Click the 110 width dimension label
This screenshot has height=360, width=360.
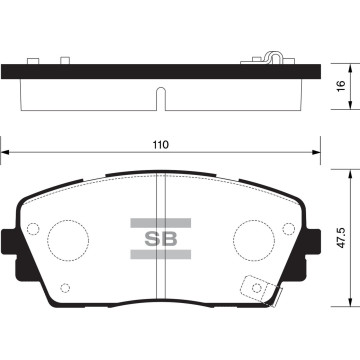161,145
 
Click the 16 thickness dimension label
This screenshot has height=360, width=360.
341,86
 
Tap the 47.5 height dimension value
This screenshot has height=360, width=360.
341,238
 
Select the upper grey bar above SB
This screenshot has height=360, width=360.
161,223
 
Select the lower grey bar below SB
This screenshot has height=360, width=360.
161,254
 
